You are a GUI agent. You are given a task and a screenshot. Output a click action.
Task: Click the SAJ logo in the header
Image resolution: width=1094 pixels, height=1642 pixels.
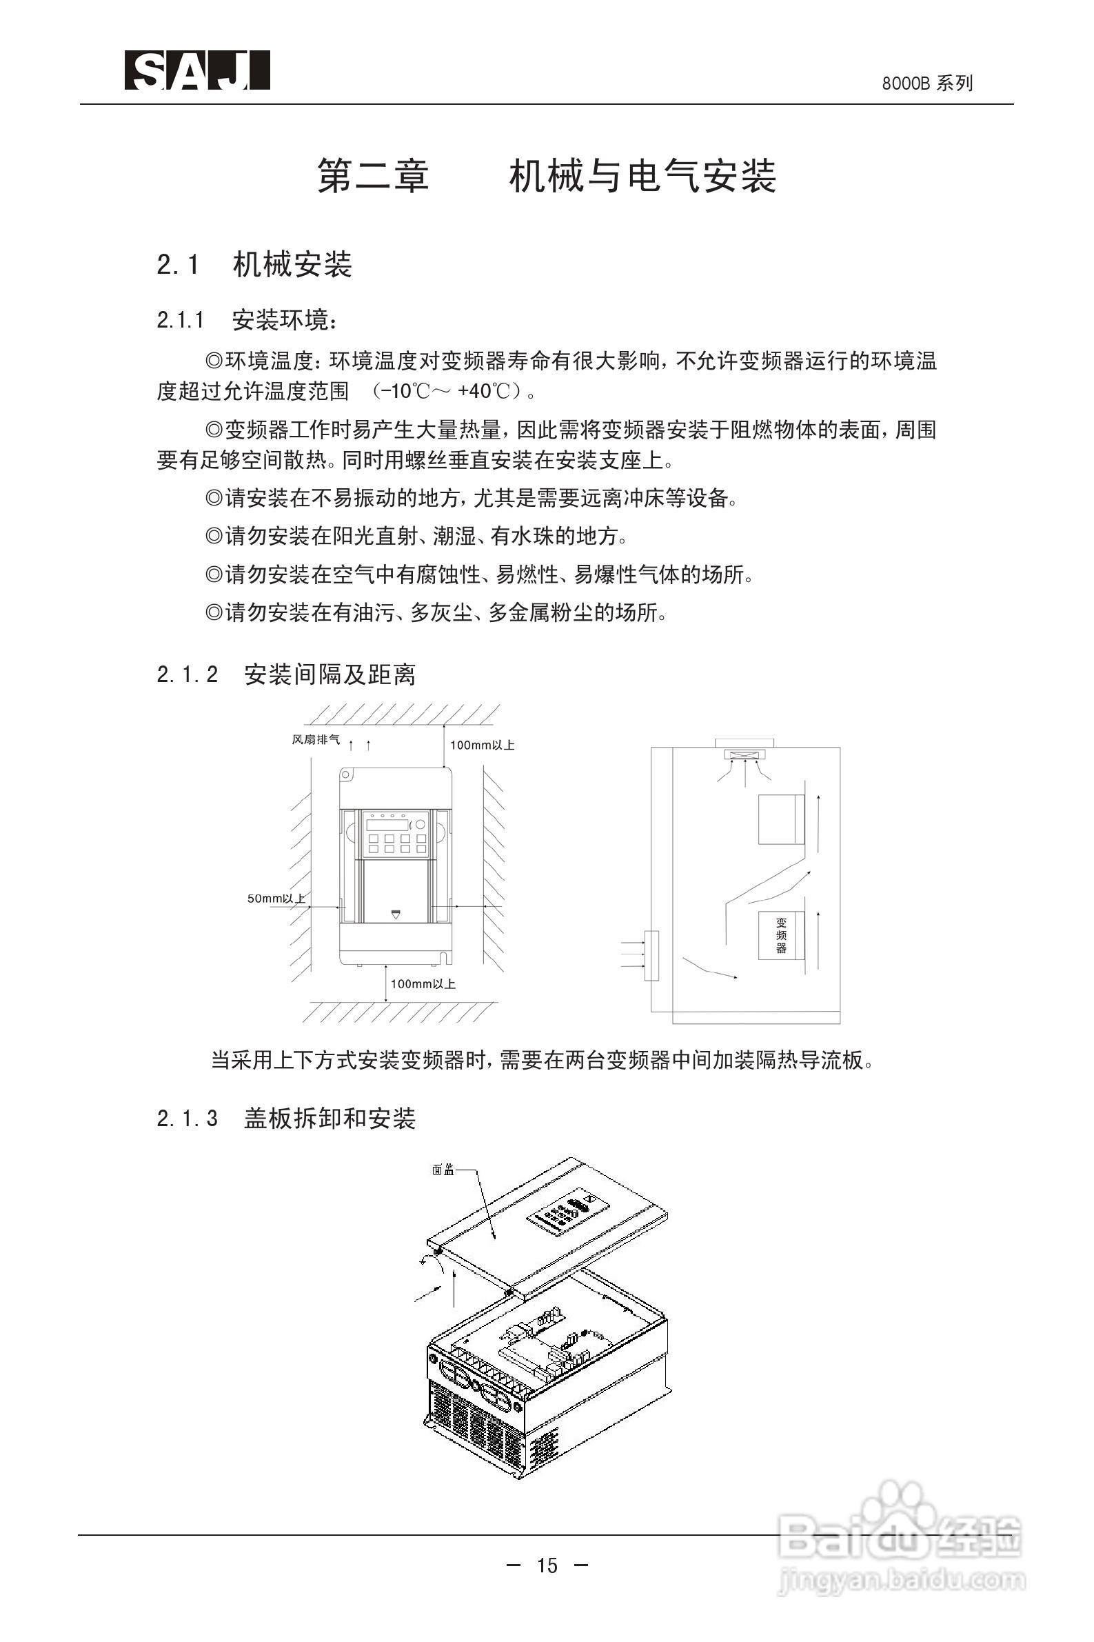pos(197,70)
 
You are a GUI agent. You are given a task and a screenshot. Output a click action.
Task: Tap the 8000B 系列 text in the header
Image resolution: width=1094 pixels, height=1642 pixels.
pos(926,84)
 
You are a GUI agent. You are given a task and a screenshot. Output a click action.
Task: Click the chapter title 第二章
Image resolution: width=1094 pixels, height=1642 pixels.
pos(373,175)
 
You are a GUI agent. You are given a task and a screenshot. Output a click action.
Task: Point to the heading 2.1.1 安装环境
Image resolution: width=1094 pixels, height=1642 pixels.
pos(247,320)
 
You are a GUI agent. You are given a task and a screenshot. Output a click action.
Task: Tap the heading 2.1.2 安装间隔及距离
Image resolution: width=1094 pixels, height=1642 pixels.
pos(286,674)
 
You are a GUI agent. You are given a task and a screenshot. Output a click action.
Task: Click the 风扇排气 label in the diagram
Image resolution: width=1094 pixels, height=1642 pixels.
pos(315,740)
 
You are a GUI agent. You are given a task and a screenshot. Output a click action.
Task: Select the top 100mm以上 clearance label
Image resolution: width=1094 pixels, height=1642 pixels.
pos(482,745)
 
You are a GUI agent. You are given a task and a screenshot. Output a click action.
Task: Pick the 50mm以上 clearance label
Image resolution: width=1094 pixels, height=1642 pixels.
pos(276,898)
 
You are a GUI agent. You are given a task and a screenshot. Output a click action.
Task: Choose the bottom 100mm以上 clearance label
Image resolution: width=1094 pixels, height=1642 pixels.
pos(423,984)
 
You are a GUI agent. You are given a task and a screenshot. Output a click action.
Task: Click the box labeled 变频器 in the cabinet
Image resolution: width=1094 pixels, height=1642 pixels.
pos(781,935)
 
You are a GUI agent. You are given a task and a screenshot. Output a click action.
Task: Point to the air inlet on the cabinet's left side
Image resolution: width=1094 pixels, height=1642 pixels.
pos(651,955)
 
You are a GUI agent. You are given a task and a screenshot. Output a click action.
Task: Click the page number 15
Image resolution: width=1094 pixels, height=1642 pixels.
pos(547,1566)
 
